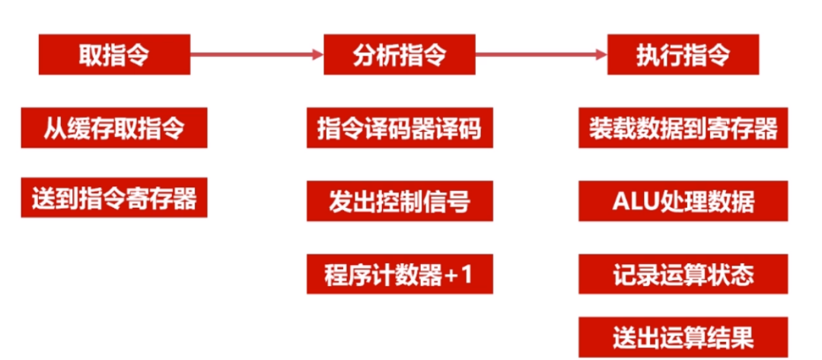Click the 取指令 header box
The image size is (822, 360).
(114, 54)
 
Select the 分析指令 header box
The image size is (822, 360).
(399, 54)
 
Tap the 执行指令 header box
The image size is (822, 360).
(683, 54)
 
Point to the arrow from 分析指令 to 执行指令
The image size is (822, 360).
(540, 54)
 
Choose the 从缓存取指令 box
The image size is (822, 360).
(114, 128)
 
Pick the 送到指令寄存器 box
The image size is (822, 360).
(114, 198)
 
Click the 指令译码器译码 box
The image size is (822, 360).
(399, 128)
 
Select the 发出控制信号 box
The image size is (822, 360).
(399, 201)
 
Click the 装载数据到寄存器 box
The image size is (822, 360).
(683, 128)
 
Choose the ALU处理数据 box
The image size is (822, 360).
(683, 201)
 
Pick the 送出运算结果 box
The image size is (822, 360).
(683, 337)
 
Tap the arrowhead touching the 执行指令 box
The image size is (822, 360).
(601, 54)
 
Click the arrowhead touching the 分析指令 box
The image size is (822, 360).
(318, 54)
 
